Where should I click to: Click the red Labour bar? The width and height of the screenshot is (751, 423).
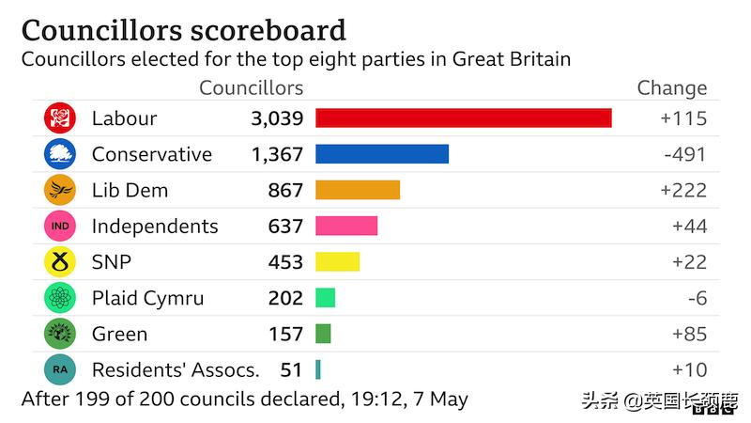pyautogui.click(x=463, y=118)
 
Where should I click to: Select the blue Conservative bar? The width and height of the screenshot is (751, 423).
pyautogui.click(x=381, y=154)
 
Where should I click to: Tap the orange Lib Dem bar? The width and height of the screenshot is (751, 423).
pyautogui.click(x=357, y=190)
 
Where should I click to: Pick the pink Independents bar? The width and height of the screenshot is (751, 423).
pyautogui.click(x=345, y=226)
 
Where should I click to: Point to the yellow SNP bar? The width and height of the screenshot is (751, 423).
pyautogui.click(x=337, y=262)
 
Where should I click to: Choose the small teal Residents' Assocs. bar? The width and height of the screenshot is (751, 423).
pyautogui.click(x=318, y=369)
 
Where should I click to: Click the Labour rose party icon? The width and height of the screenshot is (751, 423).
pyautogui.click(x=59, y=118)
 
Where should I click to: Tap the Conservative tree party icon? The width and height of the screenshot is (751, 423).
pyautogui.click(x=59, y=154)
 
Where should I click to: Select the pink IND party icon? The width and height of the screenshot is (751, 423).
pyautogui.click(x=59, y=226)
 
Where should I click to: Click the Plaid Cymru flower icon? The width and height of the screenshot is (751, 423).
pyautogui.click(x=59, y=298)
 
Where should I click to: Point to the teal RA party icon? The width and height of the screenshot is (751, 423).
pyautogui.click(x=59, y=369)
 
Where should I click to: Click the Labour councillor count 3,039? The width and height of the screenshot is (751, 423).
pyautogui.click(x=277, y=118)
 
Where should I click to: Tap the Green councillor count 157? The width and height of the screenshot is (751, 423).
pyautogui.click(x=286, y=334)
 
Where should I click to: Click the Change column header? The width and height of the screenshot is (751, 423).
pyautogui.click(x=671, y=88)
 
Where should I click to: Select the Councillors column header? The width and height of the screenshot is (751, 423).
pyautogui.click(x=252, y=88)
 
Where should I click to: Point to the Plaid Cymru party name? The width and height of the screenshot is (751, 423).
pyautogui.click(x=147, y=298)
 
